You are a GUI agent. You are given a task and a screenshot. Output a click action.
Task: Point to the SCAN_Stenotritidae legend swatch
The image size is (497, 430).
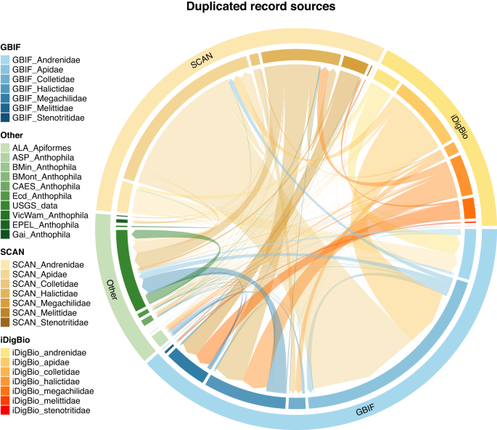click(x=5, y=322)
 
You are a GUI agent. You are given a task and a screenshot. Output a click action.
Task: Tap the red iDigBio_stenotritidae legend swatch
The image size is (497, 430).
click(x=5, y=410)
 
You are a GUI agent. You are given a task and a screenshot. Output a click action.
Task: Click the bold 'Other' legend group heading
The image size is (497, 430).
click(x=12, y=135)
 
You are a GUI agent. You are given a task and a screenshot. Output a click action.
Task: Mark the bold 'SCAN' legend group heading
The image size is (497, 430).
click(x=12, y=252)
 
